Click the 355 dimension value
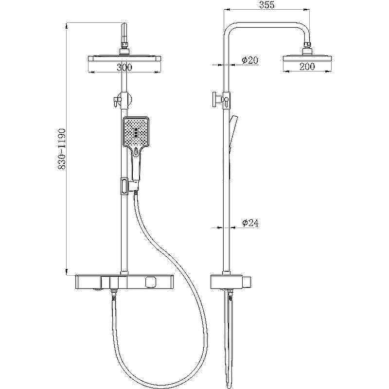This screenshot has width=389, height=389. click(x=266, y=5)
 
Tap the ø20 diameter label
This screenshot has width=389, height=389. click(x=250, y=60)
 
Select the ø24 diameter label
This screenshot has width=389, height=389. click(x=250, y=223)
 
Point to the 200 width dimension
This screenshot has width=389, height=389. click(x=307, y=67)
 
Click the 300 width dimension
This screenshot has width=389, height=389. click(x=124, y=67)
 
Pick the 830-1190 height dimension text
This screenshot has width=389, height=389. click(x=61, y=149)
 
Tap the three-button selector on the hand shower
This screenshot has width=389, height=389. click(x=136, y=133)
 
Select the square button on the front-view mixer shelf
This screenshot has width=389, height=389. click(x=150, y=282)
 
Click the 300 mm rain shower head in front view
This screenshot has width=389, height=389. click(x=124, y=58)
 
